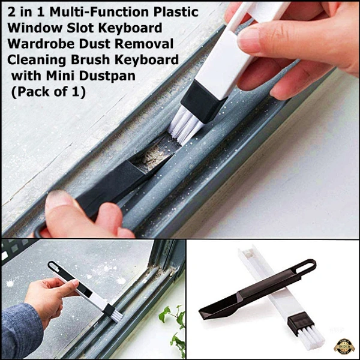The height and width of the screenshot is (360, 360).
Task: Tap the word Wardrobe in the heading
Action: click(41, 43)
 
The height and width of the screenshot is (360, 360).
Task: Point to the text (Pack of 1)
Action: click(48, 91)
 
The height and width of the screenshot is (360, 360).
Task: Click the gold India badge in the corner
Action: click(344, 346)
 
